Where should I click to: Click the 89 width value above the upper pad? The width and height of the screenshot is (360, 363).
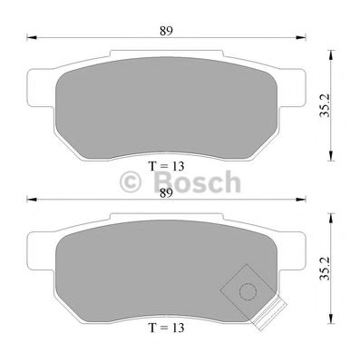[x=164, y=30]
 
